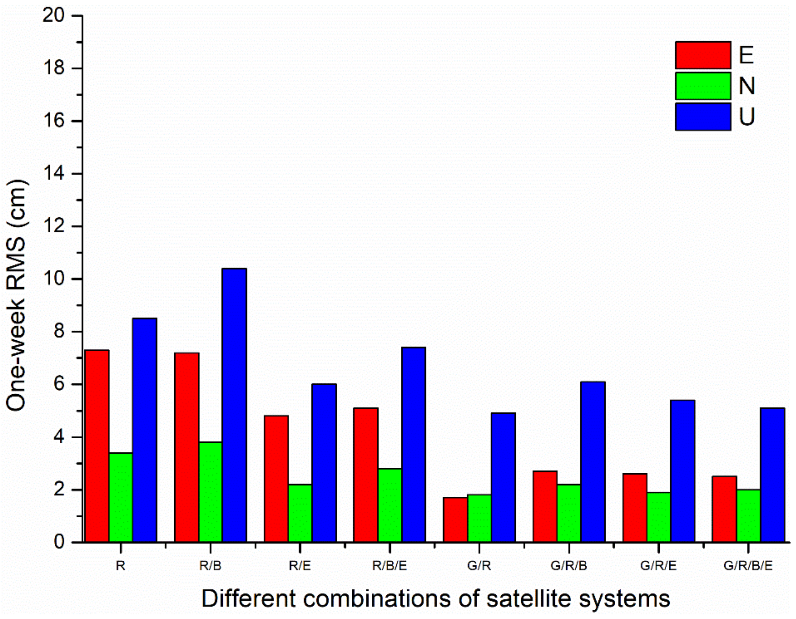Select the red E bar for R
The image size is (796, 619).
pos(97,446)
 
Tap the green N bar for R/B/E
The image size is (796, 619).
pos(390,505)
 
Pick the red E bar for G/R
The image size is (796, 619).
pos(455,519)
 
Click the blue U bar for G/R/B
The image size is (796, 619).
pos(593,462)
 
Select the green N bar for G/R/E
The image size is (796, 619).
pos(659,517)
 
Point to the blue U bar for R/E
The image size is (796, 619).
pos(324,463)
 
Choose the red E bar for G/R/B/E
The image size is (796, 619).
pos(724,509)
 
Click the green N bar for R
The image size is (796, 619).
pos(121,497)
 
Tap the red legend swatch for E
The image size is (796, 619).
pos(703,55)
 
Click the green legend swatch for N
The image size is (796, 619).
pos(703,86)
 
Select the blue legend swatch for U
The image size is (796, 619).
pos(703,116)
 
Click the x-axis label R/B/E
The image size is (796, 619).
pos(390,565)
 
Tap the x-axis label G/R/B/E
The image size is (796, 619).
pos(748,565)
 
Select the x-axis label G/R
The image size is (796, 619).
pos(479,565)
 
